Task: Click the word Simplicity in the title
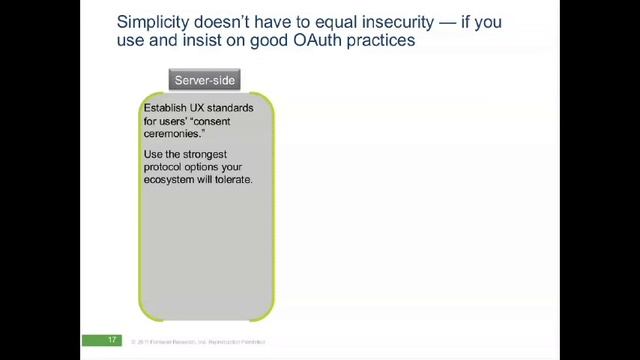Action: [153, 21]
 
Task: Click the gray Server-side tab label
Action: [204, 80]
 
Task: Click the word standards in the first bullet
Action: [237, 107]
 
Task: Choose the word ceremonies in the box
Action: [175, 131]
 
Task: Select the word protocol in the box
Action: [166, 167]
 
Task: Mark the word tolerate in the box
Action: [231, 179]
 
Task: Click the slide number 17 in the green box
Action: [113, 341]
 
